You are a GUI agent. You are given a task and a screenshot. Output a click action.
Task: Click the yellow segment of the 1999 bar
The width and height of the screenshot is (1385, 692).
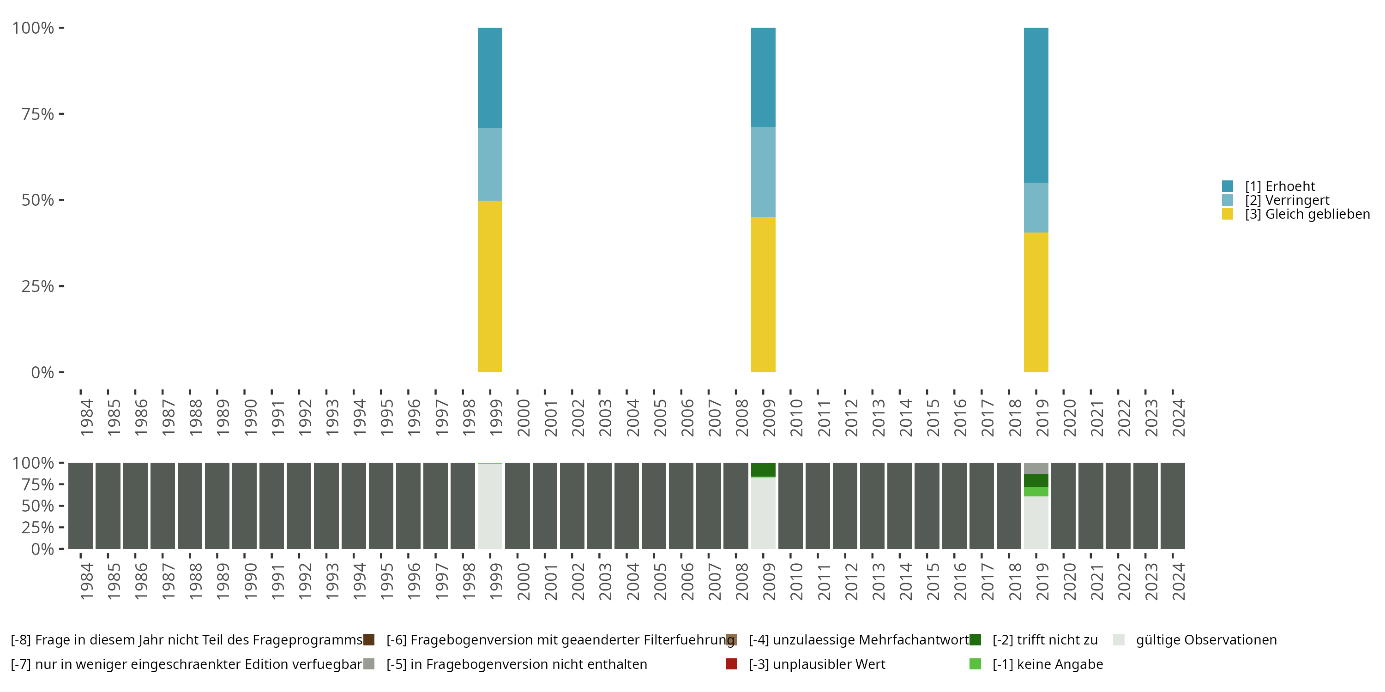coord(490,286)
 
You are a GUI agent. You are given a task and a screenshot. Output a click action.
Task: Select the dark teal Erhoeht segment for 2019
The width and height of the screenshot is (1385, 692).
coord(1036,105)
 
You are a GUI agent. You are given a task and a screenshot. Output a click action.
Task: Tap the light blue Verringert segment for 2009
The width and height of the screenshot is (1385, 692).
coord(763,172)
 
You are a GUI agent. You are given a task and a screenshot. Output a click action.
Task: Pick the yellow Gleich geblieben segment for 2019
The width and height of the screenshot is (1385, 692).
coord(1036,302)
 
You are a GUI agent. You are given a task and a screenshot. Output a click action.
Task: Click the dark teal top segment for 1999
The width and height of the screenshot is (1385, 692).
coord(490,78)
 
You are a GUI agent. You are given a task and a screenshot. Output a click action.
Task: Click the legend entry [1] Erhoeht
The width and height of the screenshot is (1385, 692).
coord(1280,186)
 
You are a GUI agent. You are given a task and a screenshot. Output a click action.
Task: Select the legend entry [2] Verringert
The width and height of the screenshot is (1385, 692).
coord(1287,200)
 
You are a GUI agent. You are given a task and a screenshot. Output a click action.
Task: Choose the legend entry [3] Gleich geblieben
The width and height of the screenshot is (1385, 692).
coord(1307,215)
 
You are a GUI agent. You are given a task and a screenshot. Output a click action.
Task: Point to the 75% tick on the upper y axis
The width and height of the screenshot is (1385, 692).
coord(61,114)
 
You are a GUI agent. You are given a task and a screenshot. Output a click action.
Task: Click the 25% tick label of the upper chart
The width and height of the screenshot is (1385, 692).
coord(38,286)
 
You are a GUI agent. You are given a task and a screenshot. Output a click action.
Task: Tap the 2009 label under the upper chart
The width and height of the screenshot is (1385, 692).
coord(769,418)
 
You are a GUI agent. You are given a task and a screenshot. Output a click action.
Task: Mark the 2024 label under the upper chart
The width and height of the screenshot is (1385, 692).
coord(1178,418)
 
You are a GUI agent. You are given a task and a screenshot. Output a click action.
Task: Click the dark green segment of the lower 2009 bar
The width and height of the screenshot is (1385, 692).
coord(763,469)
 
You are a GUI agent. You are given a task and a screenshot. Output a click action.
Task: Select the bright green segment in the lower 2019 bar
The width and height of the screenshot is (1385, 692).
coord(1036,492)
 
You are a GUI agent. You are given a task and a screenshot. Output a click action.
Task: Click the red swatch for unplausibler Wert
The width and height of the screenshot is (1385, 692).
coord(731,664)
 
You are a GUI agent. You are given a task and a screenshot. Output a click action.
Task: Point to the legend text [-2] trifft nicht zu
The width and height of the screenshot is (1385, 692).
coord(1045,640)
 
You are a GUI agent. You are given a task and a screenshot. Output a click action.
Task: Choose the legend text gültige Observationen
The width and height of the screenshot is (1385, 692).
coord(1206,640)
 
